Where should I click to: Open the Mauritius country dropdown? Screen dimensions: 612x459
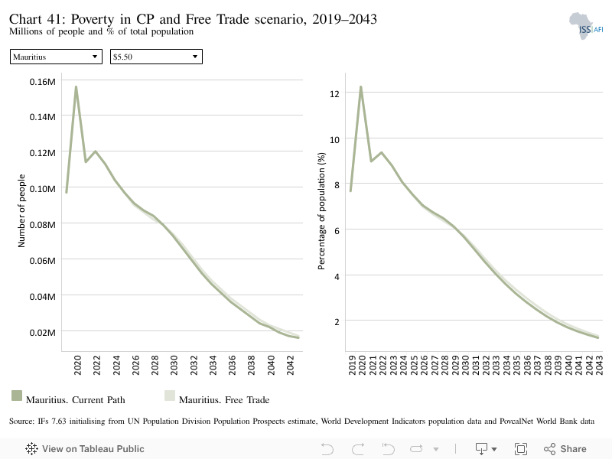tap(56, 57)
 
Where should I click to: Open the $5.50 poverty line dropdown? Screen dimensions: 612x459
tap(156, 57)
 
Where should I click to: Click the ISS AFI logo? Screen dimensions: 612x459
tap(586, 26)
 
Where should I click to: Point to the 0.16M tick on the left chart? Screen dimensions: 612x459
tap(43, 82)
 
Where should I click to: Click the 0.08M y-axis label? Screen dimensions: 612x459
tap(43, 225)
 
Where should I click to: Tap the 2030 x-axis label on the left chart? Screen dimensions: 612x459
tap(174, 365)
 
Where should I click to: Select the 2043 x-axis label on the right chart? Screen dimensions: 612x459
tap(599, 365)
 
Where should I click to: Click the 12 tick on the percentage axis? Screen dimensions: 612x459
tap(334, 93)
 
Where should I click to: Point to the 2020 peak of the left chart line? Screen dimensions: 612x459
tap(76, 86)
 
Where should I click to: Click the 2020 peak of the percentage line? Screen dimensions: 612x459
tap(361, 87)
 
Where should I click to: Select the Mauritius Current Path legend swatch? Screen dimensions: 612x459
tap(17, 396)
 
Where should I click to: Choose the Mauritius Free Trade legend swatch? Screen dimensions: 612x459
tap(170, 396)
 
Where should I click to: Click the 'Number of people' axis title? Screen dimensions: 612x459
tap(21, 211)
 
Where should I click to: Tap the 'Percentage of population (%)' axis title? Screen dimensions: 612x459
tap(321, 211)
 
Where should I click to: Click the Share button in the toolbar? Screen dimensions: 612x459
tap(565, 449)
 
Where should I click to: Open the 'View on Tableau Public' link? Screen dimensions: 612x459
tap(85, 449)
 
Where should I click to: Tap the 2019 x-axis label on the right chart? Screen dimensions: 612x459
tap(352, 365)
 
